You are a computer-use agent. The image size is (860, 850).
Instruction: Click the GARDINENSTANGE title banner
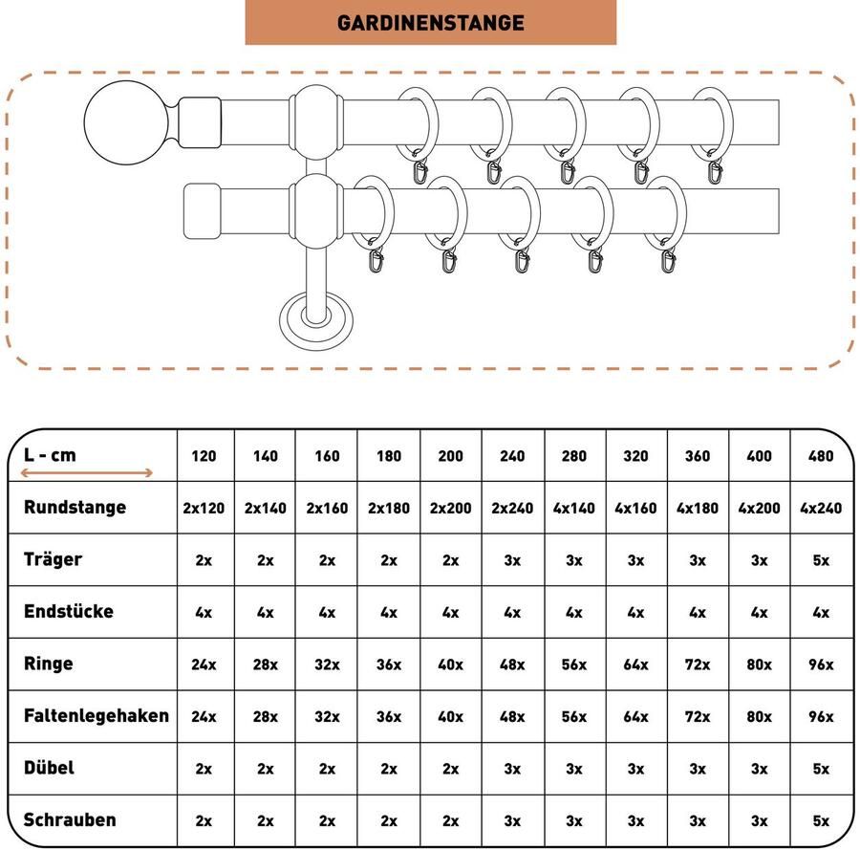[x=431, y=23]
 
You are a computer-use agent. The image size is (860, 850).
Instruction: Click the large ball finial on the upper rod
[x=125, y=122]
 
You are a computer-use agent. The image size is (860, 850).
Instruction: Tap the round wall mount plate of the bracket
[x=316, y=321]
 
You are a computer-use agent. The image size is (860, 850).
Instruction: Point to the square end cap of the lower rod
[x=202, y=211]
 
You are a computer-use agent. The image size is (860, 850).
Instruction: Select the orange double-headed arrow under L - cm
[x=87, y=473]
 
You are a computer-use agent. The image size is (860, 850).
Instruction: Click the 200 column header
[x=450, y=456]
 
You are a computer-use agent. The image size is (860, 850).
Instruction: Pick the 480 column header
[x=821, y=456]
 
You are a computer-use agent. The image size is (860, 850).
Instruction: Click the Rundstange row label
[x=75, y=507]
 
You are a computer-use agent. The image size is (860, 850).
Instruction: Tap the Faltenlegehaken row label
[x=96, y=715]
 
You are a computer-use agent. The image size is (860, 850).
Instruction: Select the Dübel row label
[x=49, y=767]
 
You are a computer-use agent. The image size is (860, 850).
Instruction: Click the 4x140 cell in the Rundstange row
[x=573, y=508]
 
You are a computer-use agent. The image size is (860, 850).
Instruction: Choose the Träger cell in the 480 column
[x=821, y=560]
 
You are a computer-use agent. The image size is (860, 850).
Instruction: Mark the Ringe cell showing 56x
[x=573, y=665]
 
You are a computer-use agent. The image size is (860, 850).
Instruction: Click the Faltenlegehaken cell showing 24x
[x=204, y=717]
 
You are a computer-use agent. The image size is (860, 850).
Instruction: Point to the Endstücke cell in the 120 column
[x=204, y=612]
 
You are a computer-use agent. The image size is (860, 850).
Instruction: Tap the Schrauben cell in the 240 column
[x=512, y=821]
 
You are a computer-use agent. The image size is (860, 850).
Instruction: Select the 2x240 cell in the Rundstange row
[x=512, y=508]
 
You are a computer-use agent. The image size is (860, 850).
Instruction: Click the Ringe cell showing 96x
[x=821, y=665]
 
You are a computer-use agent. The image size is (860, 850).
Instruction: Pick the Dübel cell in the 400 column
[x=759, y=769]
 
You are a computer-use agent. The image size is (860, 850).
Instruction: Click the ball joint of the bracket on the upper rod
[x=316, y=122]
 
